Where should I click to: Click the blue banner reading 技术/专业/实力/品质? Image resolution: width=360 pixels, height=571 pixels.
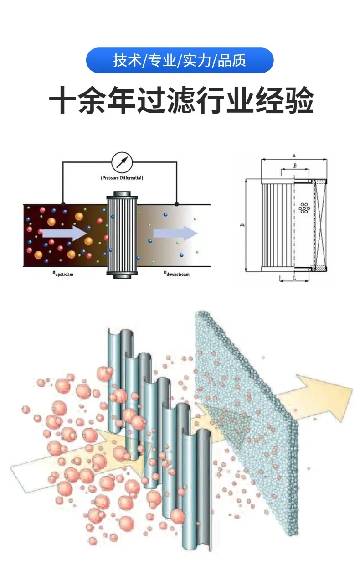pyautogui.click(x=180, y=60)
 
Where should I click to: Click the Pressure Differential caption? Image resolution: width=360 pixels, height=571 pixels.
pyautogui.click(x=122, y=178)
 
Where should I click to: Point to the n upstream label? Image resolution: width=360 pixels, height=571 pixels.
pyautogui.click(x=62, y=274)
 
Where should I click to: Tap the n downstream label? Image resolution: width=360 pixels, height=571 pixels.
pyautogui.click(x=176, y=274)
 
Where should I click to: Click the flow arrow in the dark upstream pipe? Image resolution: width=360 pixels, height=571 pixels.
pyautogui.click(x=64, y=233)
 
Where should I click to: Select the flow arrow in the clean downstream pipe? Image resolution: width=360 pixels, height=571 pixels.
pyautogui.click(x=175, y=234)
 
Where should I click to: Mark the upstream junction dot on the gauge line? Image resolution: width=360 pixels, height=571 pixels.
pyautogui.click(x=63, y=204)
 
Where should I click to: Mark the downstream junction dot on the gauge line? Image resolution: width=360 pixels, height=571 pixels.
pyautogui.click(x=177, y=204)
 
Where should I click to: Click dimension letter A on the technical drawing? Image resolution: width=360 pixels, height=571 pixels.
pyautogui.click(x=294, y=156)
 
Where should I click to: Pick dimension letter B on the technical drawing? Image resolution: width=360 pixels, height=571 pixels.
pyautogui.click(x=295, y=166)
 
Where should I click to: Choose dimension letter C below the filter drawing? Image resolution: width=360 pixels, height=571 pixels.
pyautogui.click(x=294, y=277)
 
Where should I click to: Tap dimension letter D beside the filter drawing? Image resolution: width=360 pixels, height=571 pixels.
pyautogui.click(x=242, y=225)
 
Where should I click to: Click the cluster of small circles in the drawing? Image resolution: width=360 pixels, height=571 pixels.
pyautogui.click(x=304, y=208)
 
